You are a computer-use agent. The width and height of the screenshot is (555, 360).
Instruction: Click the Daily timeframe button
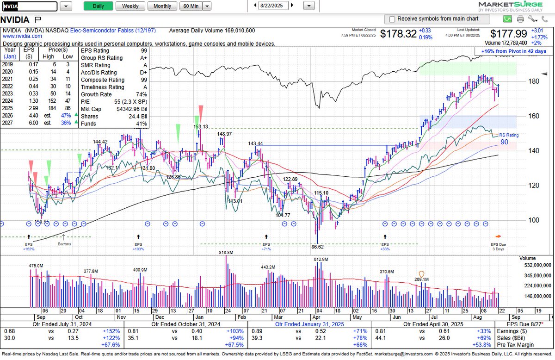[x=99, y=6]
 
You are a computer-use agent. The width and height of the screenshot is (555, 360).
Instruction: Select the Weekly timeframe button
[x=130, y=6]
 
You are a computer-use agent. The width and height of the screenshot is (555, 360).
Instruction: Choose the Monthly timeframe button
[x=162, y=6]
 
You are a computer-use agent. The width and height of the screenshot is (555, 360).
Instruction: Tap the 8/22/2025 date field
[x=274, y=6]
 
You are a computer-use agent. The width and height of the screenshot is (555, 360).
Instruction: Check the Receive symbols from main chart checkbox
[x=392, y=19]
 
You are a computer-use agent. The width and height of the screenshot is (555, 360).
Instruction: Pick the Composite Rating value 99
[x=144, y=80]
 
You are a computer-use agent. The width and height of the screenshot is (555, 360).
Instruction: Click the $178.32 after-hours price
[x=397, y=34]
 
